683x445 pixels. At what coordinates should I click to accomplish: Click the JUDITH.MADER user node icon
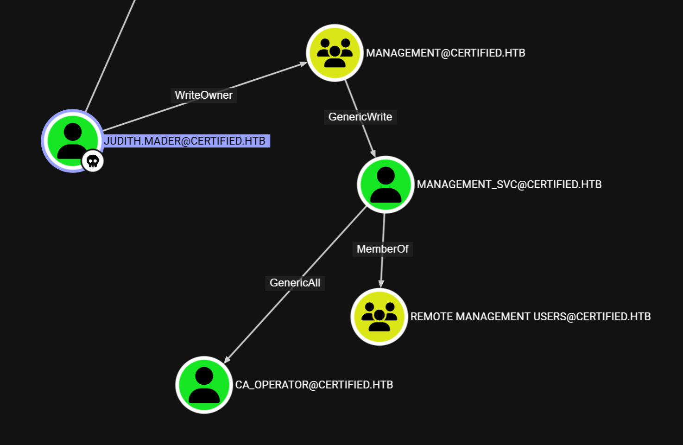73,140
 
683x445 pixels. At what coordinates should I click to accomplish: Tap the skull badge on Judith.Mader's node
93,161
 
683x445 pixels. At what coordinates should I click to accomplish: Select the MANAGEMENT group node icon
335,53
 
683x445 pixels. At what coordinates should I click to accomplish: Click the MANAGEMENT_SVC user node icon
386,184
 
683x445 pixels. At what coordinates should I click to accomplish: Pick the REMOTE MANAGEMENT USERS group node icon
379,317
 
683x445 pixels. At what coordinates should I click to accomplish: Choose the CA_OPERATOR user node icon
204,385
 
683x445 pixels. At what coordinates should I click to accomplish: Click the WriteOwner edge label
204,95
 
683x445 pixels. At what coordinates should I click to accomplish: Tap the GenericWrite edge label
360,117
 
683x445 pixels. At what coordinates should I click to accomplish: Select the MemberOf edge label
382,249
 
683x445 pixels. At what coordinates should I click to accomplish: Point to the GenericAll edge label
295,283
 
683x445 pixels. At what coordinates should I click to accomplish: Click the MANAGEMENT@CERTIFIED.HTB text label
445,53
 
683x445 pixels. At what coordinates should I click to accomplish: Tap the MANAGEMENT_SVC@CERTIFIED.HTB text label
509,184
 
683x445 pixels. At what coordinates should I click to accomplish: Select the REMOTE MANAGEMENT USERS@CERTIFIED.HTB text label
531,317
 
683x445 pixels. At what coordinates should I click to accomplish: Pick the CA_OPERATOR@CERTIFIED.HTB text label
314,385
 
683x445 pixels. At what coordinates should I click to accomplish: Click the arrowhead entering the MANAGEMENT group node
303,64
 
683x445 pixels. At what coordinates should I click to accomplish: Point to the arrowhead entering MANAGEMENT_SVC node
373,153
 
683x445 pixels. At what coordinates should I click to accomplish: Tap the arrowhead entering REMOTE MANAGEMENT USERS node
381,284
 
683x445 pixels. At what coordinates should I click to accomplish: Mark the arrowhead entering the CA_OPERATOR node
228,359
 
